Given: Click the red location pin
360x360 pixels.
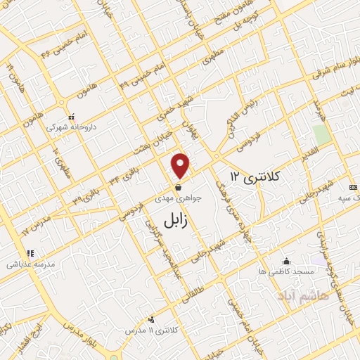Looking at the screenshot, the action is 181,165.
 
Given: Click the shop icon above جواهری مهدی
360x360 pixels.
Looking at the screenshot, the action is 180,188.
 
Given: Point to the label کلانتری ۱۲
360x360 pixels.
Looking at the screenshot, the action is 254,175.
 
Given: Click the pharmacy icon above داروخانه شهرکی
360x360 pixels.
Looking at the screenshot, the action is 71,117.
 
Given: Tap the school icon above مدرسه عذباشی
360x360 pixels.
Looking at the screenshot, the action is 30,253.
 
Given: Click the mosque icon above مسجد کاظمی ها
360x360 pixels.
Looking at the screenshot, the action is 285,261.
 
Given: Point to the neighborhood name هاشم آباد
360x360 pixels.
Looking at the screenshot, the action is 303,295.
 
